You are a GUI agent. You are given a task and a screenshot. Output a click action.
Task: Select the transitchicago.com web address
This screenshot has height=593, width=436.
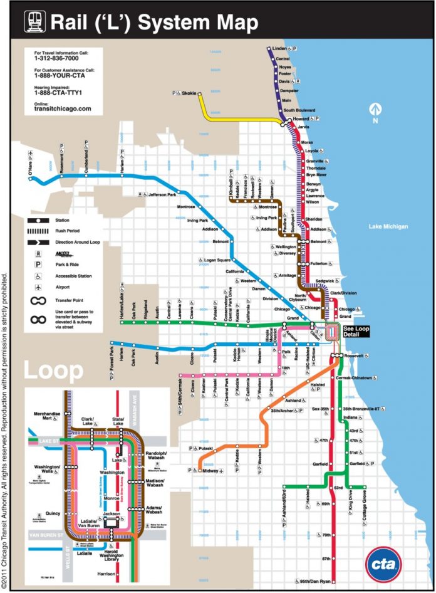click(63, 108)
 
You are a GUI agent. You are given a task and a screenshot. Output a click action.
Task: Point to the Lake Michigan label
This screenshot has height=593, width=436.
click(388, 226)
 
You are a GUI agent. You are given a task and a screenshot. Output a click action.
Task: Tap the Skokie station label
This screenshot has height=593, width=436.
click(189, 93)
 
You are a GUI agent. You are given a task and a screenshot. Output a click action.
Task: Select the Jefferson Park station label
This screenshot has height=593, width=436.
click(162, 195)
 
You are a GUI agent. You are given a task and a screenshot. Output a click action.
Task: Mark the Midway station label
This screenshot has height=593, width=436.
click(210, 470)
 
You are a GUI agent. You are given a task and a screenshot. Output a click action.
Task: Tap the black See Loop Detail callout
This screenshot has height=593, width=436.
click(357, 332)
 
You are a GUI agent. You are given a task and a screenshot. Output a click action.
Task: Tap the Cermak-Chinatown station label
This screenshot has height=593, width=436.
click(358, 378)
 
